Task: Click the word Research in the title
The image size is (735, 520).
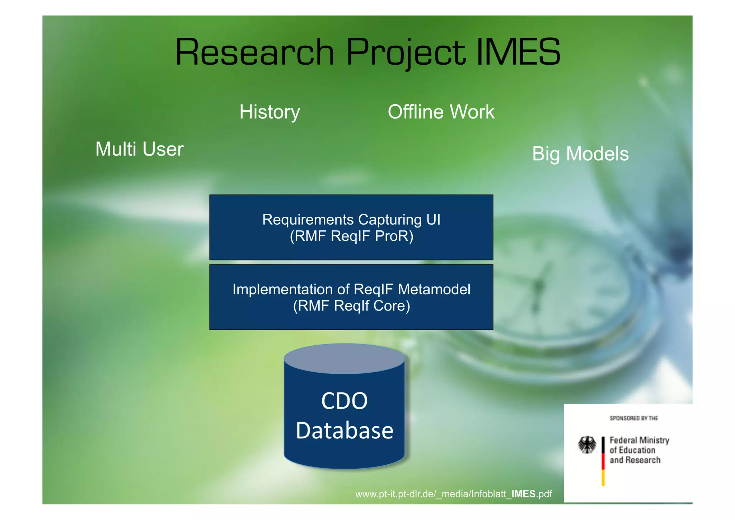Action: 254,53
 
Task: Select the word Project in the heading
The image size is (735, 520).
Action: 406,53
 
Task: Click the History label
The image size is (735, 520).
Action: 270,112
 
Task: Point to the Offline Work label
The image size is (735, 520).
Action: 441,112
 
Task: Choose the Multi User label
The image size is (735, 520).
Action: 139,149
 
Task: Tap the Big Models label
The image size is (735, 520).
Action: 580,154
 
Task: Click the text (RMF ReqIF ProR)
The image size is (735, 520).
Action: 351,236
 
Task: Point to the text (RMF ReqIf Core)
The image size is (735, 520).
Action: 351,306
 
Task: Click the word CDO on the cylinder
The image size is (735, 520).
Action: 344,401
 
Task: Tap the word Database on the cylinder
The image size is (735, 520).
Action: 344,431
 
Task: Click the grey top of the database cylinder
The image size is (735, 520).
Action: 344,358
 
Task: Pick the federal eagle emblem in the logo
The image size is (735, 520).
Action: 587,445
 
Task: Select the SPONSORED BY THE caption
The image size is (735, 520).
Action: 633,418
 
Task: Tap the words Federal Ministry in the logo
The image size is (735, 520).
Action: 639,440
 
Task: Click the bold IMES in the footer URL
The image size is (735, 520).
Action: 523,494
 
